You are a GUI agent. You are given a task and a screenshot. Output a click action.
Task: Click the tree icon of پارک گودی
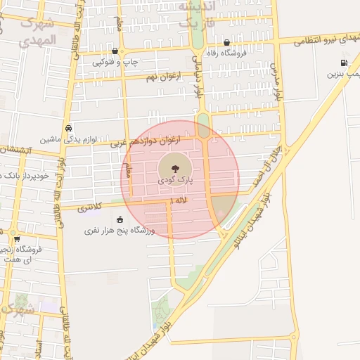pyautogui.click(x=173, y=168)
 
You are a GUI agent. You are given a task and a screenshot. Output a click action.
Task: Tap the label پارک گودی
pyautogui.click(x=175, y=180)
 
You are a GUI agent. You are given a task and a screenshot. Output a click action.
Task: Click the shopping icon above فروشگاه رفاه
pyautogui.click(x=226, y=41)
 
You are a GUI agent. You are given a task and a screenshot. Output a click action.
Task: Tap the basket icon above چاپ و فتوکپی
pyautogui.click(x=115, y=51)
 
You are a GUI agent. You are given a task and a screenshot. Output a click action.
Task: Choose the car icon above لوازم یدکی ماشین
pyautogui.click(x=68, y=129)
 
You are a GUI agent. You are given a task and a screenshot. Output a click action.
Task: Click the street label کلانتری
pyautogui.click(x=89, y=208)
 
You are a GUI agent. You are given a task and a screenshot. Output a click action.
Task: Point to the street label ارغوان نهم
pyautogui.click(x=165, y=75)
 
